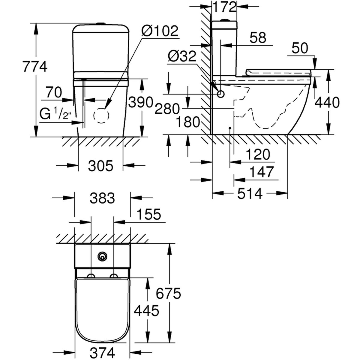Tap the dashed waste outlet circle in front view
pyautogui.click(x=101, y=115)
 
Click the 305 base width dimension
pyautogui.click(x=101, y=165)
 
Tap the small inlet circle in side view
pyautogui.click(x=221, y=94)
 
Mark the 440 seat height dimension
pyautogui.click(x=328, y=103)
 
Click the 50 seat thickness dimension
pyautogui.click(x=300, y=48)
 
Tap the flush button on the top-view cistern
pyautogui.click(x=102, y=256)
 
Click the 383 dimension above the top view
pyautogui.click(x=102, y=198)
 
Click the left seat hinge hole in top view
pyautogui.click(x=91, y=276)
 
